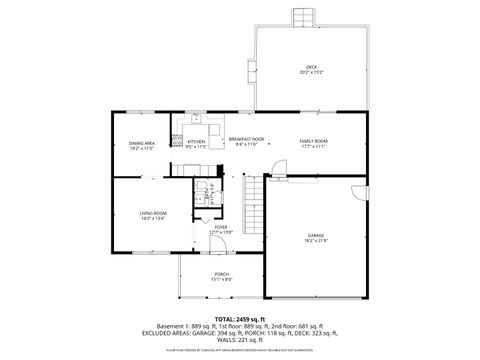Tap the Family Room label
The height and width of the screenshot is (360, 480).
[314, 141]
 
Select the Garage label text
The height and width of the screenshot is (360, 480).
[315, 236]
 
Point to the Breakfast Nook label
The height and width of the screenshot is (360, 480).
[246, 139]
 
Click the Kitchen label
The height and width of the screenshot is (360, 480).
[196, 141]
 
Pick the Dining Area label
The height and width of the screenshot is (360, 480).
[141, 142]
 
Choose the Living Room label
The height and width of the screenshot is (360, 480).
[152, 212]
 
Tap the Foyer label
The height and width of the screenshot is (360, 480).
[220, 227]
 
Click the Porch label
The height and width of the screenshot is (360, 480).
[221, 273]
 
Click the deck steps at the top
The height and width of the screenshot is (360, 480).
[303, 19]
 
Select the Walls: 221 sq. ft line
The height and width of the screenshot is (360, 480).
[240, 339]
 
